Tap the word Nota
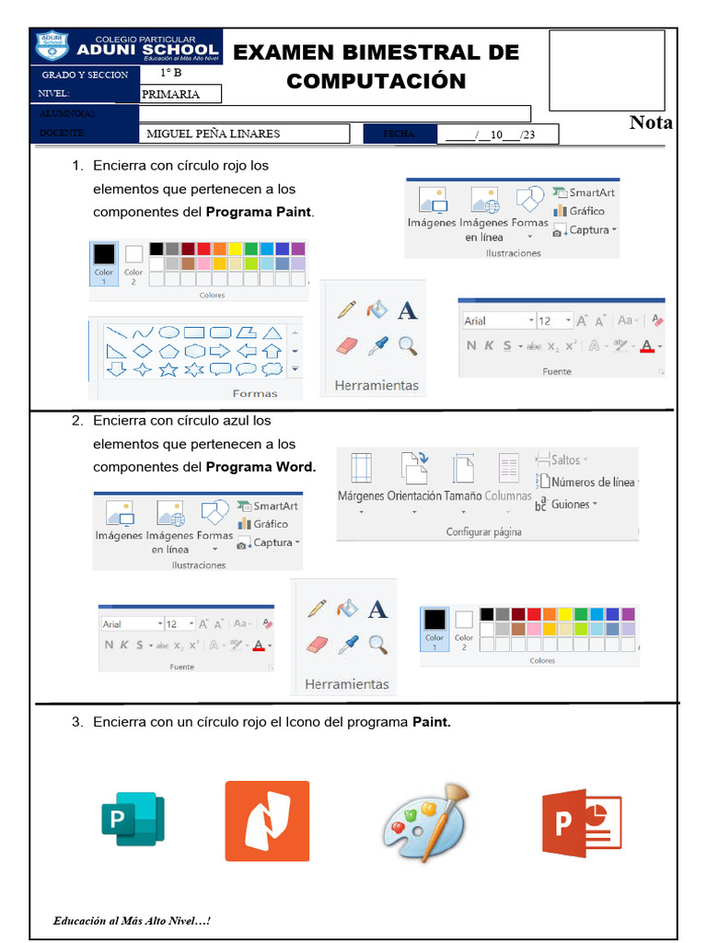[651, 122]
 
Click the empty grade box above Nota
[607, 70]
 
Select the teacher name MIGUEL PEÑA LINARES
[214, 134]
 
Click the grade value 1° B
[171, 74]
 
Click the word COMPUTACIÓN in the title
[376, 81]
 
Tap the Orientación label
[413, 495]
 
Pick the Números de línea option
[591, 482]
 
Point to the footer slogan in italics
[133, 920]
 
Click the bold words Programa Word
[261, 467]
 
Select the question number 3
[77, 722]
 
